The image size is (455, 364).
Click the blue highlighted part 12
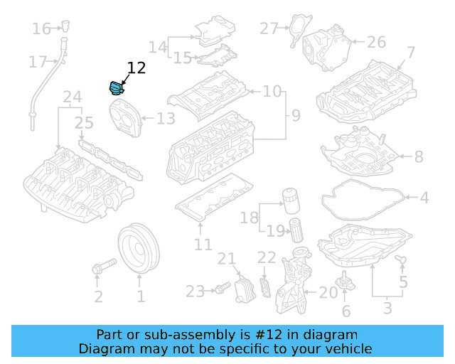click(x=115, y=88)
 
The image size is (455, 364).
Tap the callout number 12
click(x=136, y=68)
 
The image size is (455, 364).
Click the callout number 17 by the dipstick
click(x=38, y=62)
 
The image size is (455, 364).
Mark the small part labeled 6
click(x=346, y=281)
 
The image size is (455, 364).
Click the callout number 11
click(x=203, y=245)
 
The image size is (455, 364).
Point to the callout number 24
click(x=73, y=97)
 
